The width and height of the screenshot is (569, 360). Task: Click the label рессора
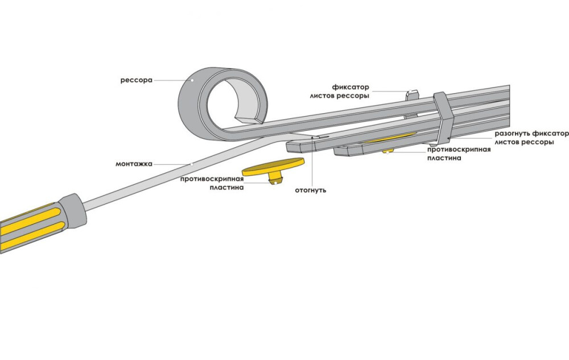pyautogui.click(x=136, y=80)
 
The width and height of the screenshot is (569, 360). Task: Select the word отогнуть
pyautogui.click(x=310, y=190)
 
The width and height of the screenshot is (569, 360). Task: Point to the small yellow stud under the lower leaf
pyautogui.click(x=389, y=151)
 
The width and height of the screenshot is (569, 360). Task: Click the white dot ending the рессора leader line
pyautogui.click(x=192, y=80)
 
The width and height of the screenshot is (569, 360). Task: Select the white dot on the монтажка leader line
pyautogui.click(x=192, y=164)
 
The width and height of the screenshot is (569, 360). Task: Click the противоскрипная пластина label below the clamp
pyautogui.click(x=459, y=154)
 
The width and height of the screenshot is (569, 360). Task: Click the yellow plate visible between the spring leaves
pyautogui.click(x=393, y=138)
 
